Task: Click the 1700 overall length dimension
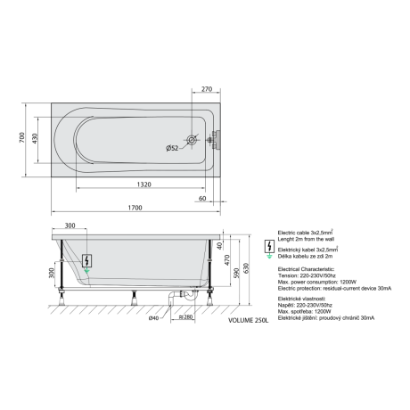tap(135, 208)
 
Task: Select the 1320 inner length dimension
tap(144, 184)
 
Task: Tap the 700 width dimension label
tap(22, 137)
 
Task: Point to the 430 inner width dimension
tap(35, 139)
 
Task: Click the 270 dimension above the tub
tap(207, 89)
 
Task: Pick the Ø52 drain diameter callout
tap(172, 148)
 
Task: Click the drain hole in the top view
tap(192, 140)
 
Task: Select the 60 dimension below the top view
tap(202, 198)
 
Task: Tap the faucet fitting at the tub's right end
tap(214, 139)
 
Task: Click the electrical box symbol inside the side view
tap(86, 261)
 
